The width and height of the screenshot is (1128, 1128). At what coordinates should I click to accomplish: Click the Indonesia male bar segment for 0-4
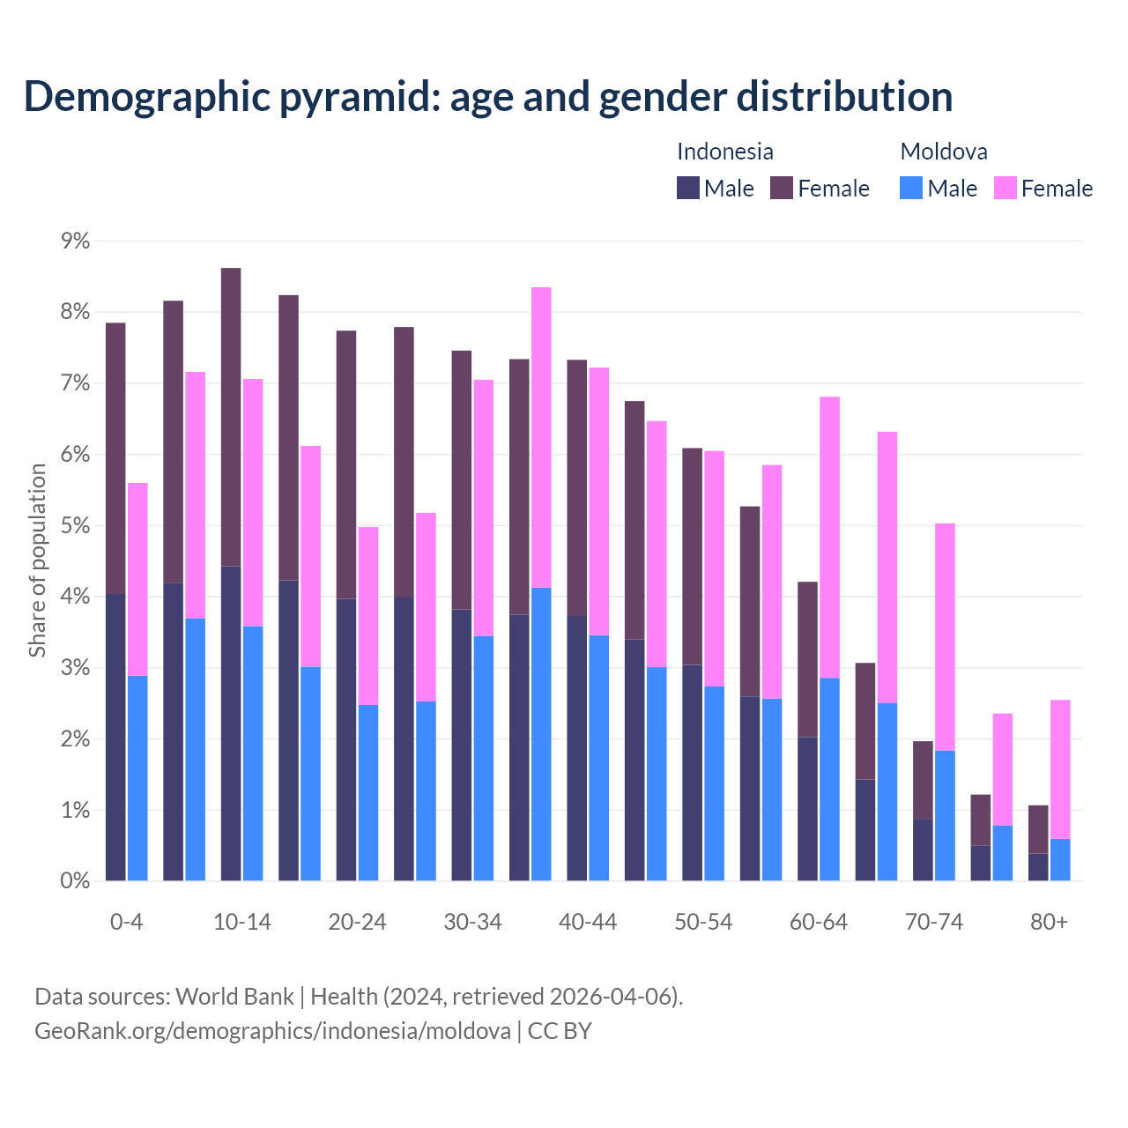coord(115,737)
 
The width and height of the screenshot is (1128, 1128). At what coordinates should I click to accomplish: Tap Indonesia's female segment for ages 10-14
coord(231,417)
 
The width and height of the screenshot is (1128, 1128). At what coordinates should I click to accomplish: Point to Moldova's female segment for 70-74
coord(945,637)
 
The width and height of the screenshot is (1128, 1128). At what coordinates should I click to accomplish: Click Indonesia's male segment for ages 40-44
coord(577,748)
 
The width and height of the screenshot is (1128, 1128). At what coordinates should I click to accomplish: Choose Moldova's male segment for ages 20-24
coord(368,792)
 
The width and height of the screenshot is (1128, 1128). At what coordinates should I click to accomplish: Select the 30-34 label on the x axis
coord(472,923)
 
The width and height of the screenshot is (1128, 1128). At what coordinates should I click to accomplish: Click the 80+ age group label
coord(1049,923)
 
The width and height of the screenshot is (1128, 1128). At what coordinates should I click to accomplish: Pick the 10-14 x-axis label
coord(242,923)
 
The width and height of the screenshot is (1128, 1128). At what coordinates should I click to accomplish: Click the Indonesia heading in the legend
coord(724,152)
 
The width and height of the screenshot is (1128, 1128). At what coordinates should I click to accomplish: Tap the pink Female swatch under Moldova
coord(1005,188)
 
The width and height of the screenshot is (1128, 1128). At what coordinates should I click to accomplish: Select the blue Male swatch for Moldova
coord(911,188)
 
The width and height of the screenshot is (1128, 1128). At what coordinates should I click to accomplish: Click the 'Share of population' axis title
coord(38,560)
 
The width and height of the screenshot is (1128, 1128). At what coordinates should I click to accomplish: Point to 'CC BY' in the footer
coord(560,1031)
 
